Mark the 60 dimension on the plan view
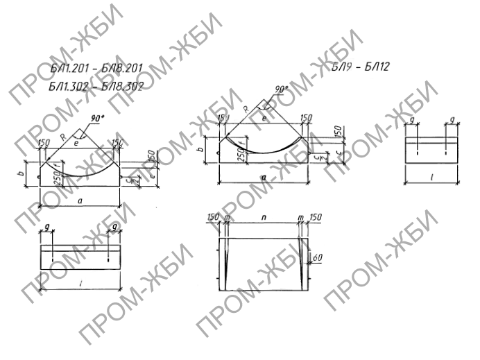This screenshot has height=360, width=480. point(317,257)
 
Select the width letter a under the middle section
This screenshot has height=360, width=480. point(264,178)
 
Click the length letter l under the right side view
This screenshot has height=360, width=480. point(431,178)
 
